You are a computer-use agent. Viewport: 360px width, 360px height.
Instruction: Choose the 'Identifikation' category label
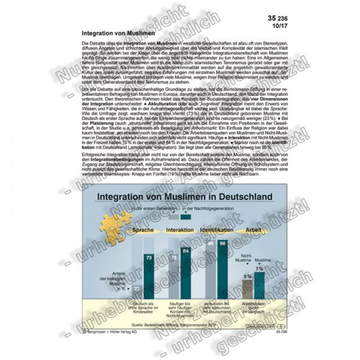[x=217, y=230]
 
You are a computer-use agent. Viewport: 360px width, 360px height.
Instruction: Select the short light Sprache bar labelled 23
[x=137, y=291]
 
